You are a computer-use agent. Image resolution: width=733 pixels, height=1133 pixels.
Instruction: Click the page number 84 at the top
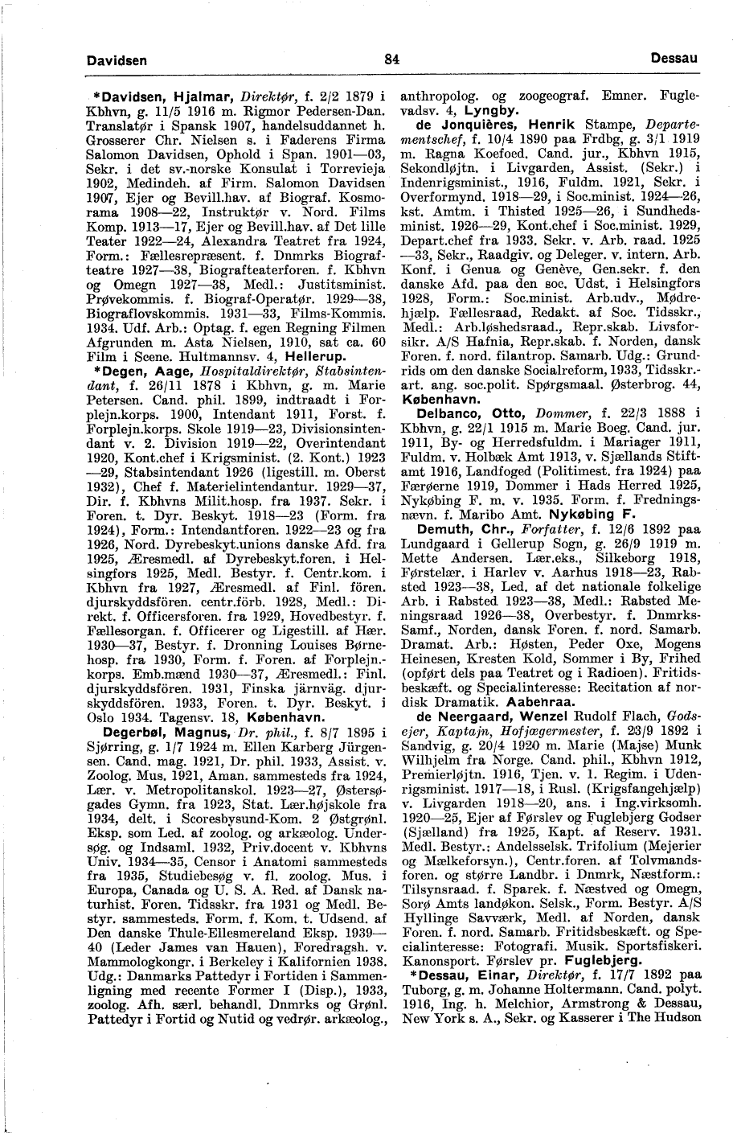pos(391,60)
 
